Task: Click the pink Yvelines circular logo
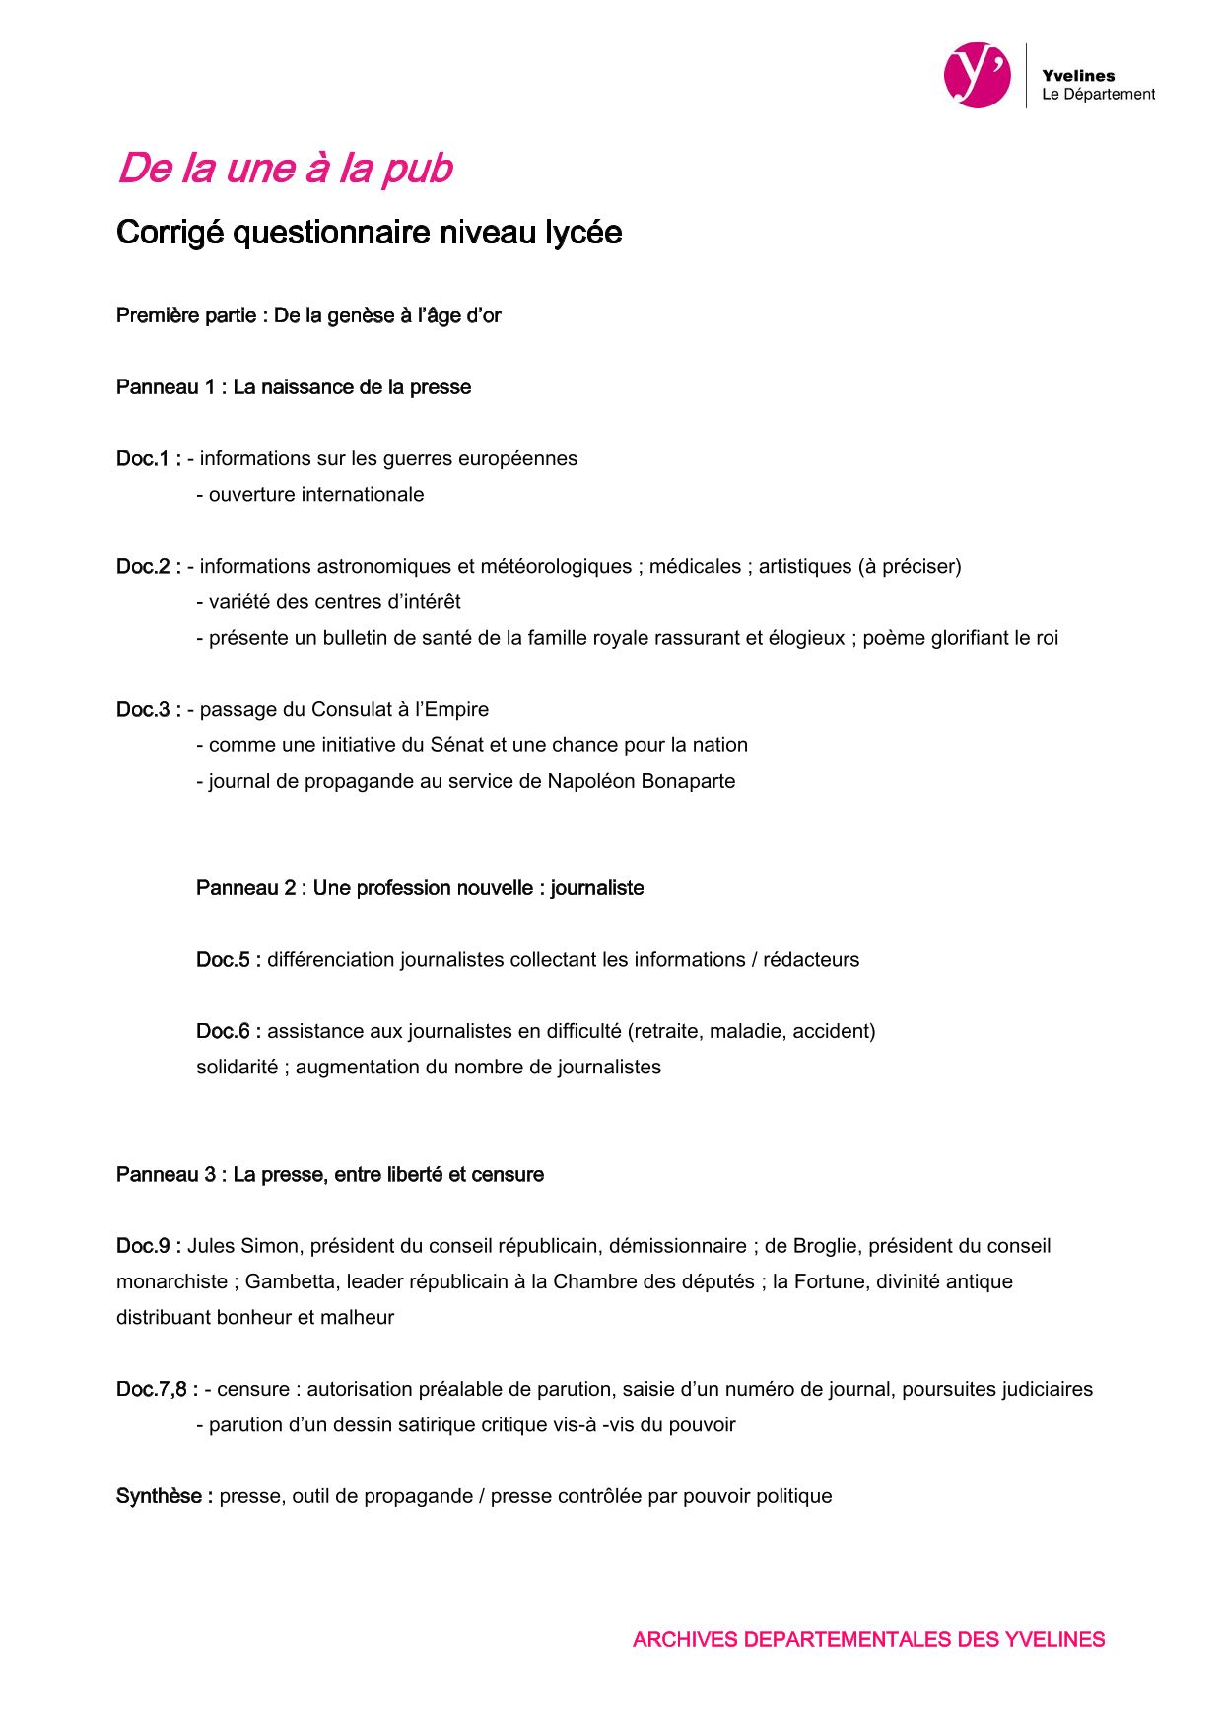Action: pyautogui.click(x=977, y=75)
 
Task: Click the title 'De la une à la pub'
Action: pyautogui.click(x=285, y=169)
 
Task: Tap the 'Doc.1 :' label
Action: pyautogui.click(x=148, y=458)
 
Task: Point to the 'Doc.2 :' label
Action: pyautogui.click(x=148, y=566)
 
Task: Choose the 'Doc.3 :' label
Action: pyautogui.click(x=148, y=709)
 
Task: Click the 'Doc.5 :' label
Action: pyautogui.click(x=228, y=959)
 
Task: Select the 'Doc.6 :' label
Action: pyautogui.click(x=228, y=1031)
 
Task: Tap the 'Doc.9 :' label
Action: pyautogui.click(x=148, y=1246)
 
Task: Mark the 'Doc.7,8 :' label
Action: pyautogui.click(x=156, y=1389)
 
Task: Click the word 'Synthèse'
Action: pyautogui.click(x=160, y=1496)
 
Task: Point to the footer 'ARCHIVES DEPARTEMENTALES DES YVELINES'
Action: pyautogui.click(x=868, y=1639)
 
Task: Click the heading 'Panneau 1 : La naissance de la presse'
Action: pyautogui.click(x=294, y=387)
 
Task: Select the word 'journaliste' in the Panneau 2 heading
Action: pyautogui.click(x=597, y=888)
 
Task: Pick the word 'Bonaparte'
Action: pyautogui.click(x=690, y=781)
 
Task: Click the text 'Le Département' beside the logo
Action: pyautogui.click(x=1098, y=95)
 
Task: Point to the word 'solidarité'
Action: pyautogui.click(x=237, y=1067)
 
